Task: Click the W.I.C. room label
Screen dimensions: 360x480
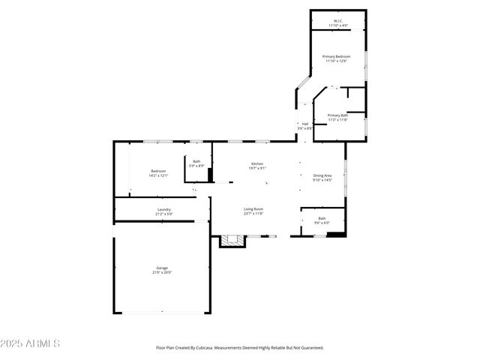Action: point(338,21)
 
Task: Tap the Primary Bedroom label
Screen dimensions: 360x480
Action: point(337,57)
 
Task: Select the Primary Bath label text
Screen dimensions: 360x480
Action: point(337,115)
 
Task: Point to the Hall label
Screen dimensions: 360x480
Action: point(305,124)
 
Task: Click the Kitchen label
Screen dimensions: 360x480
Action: point(256,163)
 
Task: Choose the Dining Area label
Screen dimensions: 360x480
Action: point(322,175)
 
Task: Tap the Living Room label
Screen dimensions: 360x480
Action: point(253,209)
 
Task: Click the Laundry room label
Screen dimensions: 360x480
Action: point(163,209)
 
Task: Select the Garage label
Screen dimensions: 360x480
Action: point(161,268)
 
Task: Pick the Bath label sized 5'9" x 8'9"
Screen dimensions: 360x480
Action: point(196,161)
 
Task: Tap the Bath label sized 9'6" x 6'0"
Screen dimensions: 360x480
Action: point(322,218)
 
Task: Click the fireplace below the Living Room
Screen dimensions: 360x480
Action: point(232,241)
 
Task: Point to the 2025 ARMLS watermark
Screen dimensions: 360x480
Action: point(30,343)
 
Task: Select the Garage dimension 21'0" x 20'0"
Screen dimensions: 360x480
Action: point(161,272)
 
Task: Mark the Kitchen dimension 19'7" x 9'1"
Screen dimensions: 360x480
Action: point(256,168)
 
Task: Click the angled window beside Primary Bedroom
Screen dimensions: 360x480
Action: point(302,82)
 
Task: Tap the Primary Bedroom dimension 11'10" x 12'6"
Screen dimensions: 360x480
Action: point(337,61)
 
